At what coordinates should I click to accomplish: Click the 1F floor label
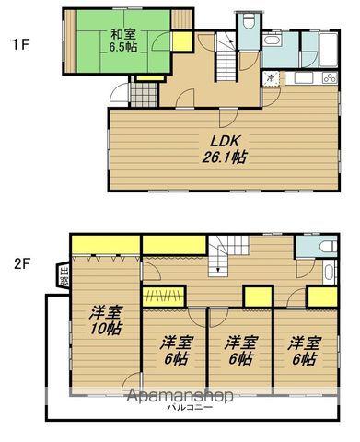pyautogui.click(x=17, y=41)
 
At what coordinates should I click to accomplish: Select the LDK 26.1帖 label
pyautogui.click(x=225, y=149)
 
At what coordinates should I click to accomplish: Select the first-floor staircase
pyautogui.click(x=229, y=60)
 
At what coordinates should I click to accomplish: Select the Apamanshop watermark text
pyautogui.click(x=180, y=396)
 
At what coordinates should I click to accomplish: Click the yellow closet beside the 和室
pyautogui.click(x=181, y=41)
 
